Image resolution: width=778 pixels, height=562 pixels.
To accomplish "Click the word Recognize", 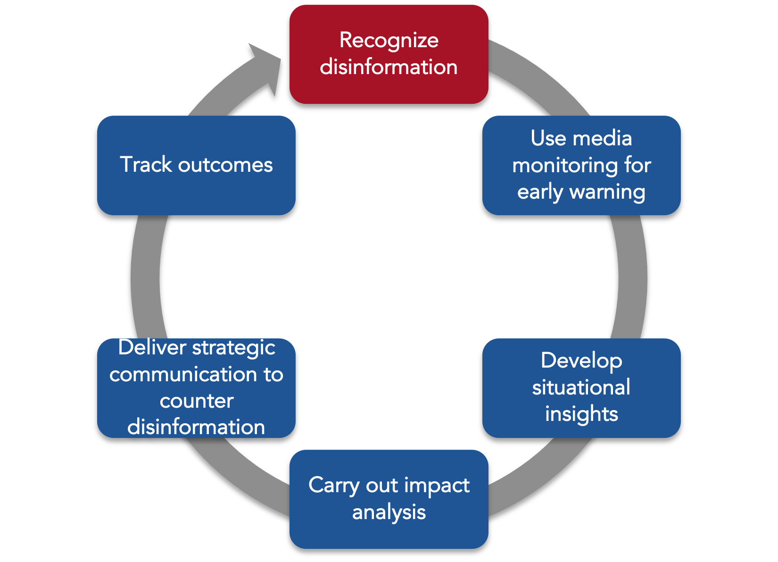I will (389, 41).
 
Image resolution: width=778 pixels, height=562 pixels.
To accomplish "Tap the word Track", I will (146, 165).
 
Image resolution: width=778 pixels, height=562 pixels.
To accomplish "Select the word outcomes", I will (225, 165).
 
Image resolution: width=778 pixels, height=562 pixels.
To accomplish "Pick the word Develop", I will (581, 361).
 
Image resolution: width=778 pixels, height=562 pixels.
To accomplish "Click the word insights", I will (581, 414).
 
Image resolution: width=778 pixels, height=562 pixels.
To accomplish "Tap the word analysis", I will (389, 512).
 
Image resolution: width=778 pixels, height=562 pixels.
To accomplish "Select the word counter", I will (196, 401).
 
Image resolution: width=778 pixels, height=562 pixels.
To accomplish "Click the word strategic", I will (233, 348).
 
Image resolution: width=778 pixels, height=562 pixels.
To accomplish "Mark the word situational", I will (581, 387).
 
